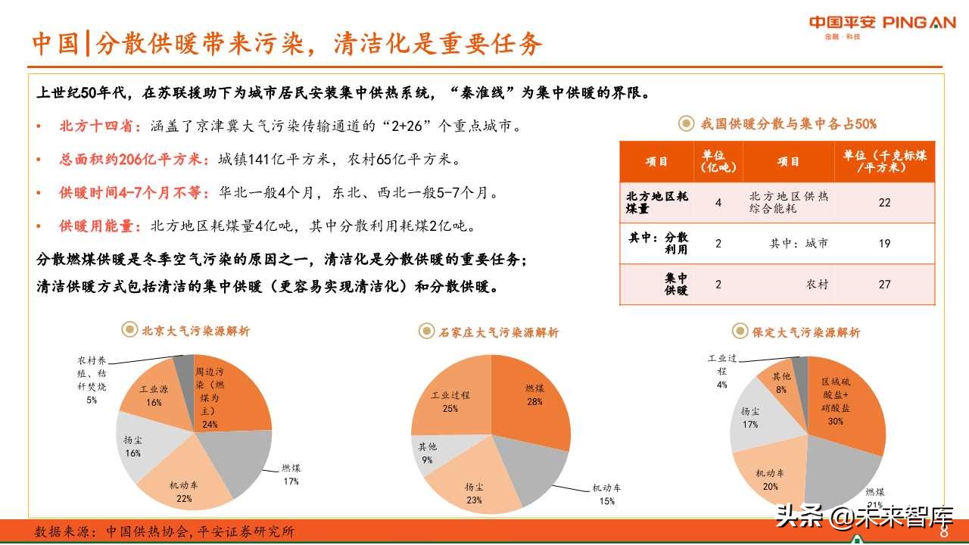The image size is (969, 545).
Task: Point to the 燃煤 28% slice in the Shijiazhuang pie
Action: coord(534,397)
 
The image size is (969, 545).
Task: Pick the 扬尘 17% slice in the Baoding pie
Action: coord(752,416)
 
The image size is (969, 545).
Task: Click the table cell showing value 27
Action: coord(884,285)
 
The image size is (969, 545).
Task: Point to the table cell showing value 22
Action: coord(884,203)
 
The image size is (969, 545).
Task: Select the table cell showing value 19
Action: coord(884,244)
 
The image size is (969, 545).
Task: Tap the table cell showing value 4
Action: coord(718,203)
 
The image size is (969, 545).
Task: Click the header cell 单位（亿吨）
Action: coord(718,161)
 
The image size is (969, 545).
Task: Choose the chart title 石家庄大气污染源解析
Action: coord(500,332)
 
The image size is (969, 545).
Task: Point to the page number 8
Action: coord(944,532)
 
